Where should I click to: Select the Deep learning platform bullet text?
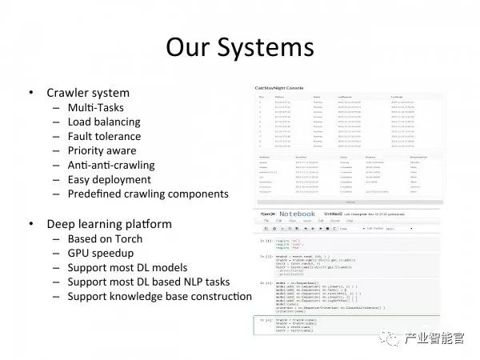(x=104, y=223)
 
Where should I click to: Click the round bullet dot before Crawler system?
(x=30, y=93)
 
